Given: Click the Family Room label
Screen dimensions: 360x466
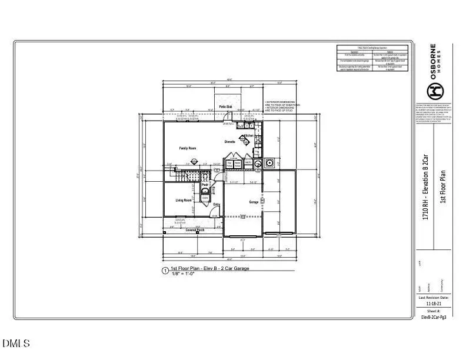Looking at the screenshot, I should click(187, 148).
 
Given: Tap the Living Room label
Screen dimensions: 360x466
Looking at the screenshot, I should click(184, 201).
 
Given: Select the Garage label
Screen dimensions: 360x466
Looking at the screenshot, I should click(253, 202).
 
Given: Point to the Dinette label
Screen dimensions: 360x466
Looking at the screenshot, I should click(230, 142).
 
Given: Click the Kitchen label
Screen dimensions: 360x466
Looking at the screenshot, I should click(248, 136).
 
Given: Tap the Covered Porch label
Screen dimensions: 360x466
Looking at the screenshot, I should click(195, 230).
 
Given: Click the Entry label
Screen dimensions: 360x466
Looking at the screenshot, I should click(216, 204).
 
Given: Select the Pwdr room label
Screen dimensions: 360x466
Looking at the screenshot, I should click(205, 185).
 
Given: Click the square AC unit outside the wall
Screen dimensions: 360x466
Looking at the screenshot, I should click(271, 162).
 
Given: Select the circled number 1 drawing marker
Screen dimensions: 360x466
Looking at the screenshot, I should click(165, 271).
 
